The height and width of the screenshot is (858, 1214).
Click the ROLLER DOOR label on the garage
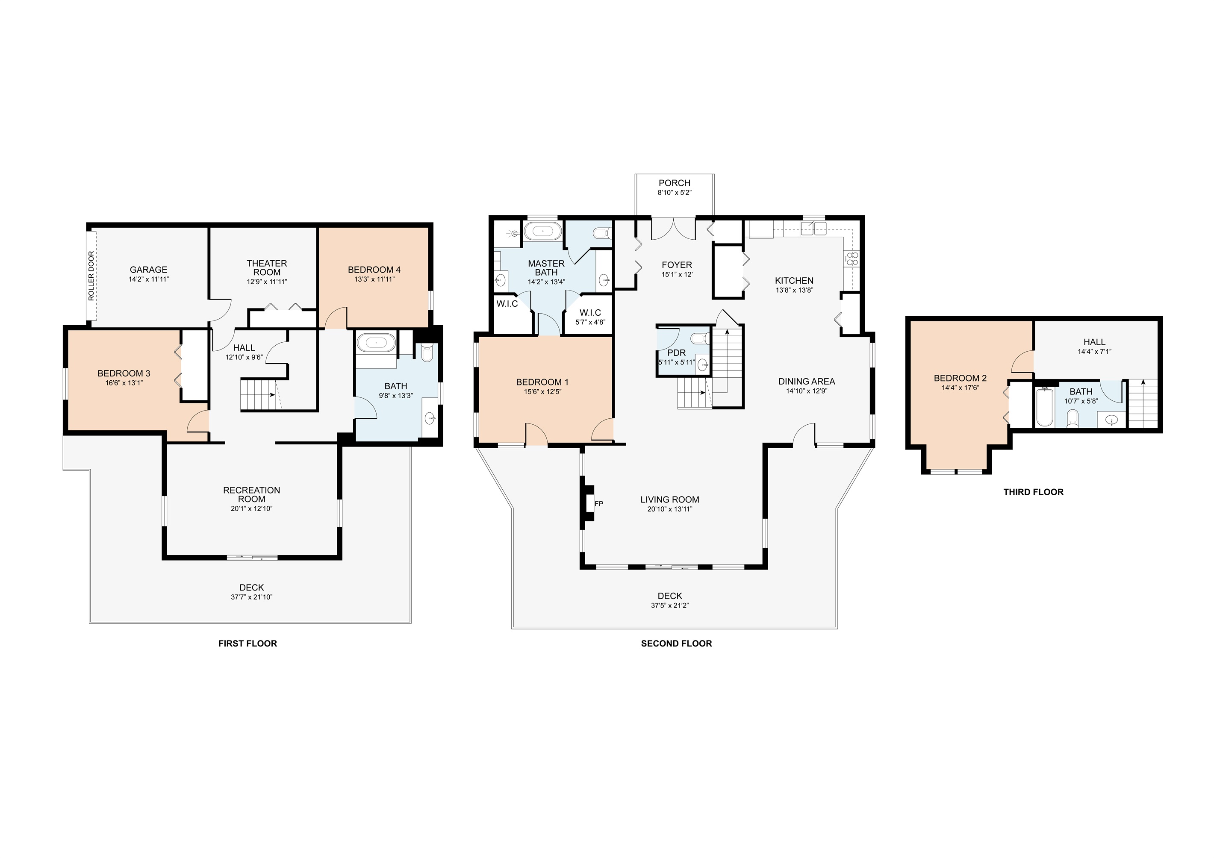(x=91, y=276)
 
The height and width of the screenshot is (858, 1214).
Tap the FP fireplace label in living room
(x=598, y=504)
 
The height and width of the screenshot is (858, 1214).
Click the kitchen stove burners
(x=852, y=259)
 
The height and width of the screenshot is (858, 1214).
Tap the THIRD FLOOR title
(x=1033, y=492)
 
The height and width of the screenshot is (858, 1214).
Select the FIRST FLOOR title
(x=248, y=643)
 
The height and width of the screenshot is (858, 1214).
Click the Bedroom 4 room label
(x=374, y=270)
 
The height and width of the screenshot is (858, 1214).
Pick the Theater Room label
(x=267, y=267)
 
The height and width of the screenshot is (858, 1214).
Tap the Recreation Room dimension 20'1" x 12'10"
(x=252, y=508)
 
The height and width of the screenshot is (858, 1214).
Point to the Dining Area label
(x=806, y=381)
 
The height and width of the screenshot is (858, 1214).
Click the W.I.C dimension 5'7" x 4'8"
(x=590, y=322)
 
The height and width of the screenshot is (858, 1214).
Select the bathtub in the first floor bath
(x=376, y=343)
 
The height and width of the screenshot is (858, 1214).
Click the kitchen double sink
(x=813, y=228)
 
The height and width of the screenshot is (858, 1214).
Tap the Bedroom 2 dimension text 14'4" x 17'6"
(x=960, y=388)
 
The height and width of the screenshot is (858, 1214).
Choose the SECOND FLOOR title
(x=676, y=643)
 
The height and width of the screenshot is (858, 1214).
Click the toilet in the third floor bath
(x=1073, y=419)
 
